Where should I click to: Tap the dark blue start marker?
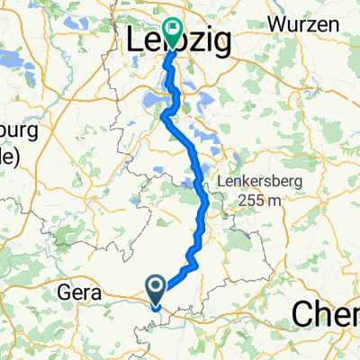[156, 290]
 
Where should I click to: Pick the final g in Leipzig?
[220, 43]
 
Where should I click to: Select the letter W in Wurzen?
[274, 22]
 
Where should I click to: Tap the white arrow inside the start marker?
[156, 288]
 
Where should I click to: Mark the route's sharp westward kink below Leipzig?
[163, 114]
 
